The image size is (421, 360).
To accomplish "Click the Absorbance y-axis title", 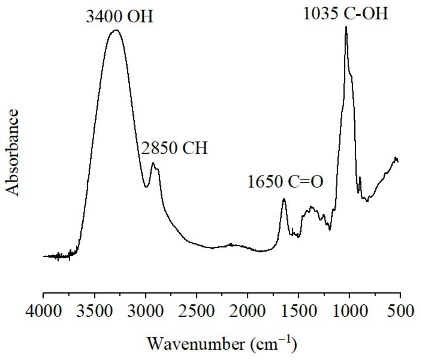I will pos(13,153).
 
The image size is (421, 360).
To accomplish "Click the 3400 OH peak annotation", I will pos(119,16).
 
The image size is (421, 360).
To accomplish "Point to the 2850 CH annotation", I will pos(174,148).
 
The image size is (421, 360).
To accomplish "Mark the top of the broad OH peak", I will pos(116,30).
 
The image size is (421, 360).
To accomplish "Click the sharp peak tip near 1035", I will pos(346,27).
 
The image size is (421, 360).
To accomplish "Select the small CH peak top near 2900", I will pos(153,163).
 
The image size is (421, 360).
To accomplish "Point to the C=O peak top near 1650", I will pos(284,199).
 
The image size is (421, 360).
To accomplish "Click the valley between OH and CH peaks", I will pos(146,187).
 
